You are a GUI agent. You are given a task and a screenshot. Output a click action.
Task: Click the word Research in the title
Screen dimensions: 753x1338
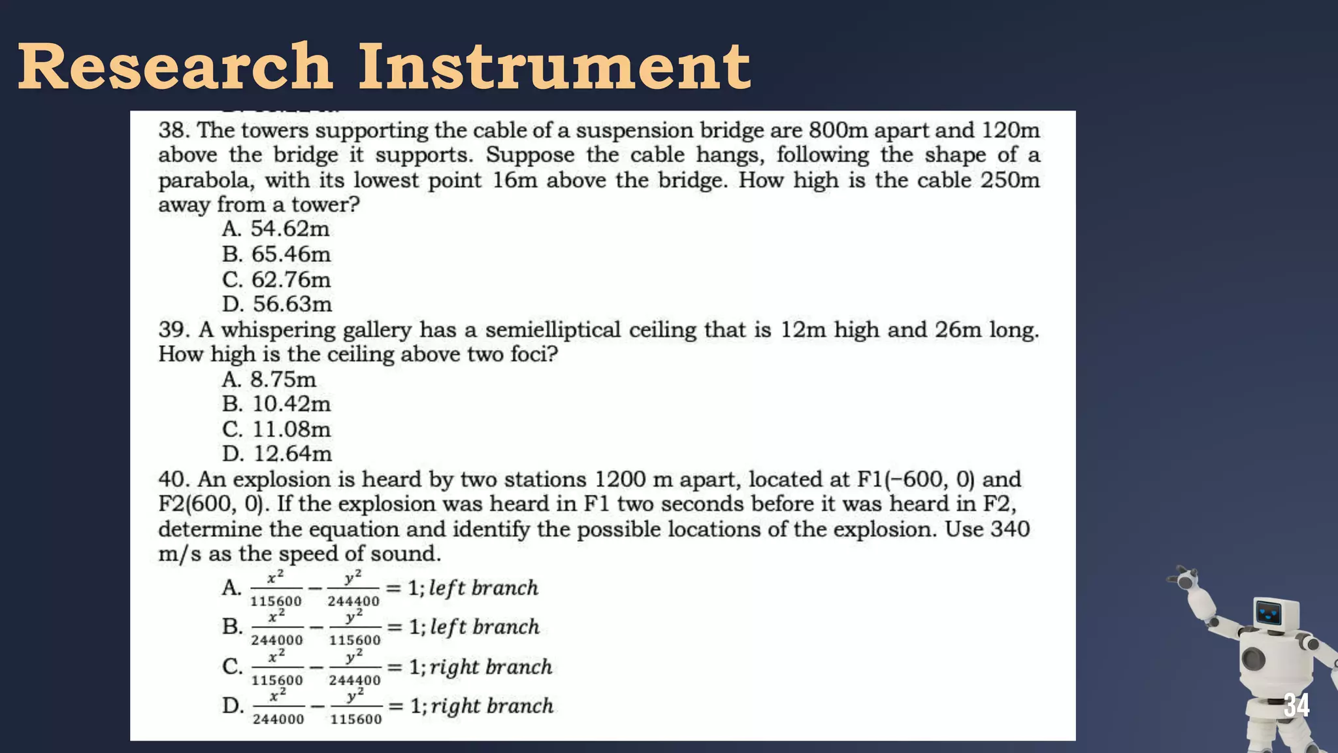pos(175,67)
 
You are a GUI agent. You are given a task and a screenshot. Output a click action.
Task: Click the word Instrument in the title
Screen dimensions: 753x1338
pos(554,67)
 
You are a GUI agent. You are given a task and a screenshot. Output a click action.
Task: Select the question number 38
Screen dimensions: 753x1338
pos(174,130)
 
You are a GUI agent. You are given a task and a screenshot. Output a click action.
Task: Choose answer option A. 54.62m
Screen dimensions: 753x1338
pos(276,229)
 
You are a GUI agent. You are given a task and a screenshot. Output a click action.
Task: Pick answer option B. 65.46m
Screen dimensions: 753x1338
pos(276,254)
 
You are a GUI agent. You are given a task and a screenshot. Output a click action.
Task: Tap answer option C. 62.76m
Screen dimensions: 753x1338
pos(276,280)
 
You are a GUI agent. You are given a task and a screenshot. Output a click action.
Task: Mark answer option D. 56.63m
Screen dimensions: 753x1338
pos(276,305)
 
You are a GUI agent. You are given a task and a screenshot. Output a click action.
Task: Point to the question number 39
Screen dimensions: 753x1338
pos(174,329)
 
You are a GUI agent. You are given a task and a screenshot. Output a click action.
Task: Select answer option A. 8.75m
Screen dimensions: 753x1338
pos(269,380)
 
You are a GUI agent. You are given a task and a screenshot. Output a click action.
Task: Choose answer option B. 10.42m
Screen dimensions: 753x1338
pos(276,405)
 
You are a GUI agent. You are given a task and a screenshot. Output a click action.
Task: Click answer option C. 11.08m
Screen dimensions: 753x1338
pos(276,429)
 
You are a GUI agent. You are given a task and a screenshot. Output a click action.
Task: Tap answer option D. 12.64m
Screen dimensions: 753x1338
pos(276,454)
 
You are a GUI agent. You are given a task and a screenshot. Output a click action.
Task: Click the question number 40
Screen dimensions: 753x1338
pos(174,480)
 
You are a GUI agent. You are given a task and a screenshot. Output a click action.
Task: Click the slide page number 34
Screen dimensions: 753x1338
pos(1296,706)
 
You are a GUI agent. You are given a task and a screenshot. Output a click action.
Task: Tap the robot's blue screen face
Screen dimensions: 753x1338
pos(1269,613)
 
